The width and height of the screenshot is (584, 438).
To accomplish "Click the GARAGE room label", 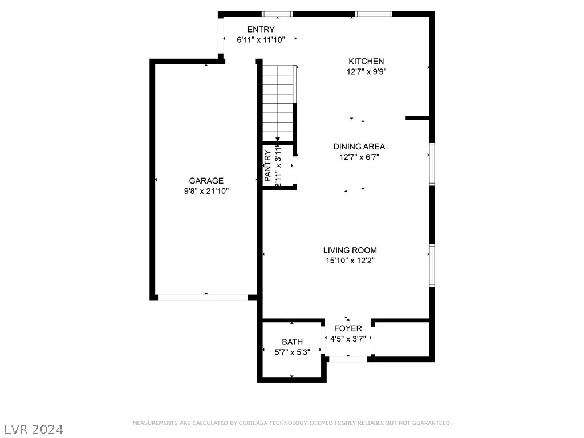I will (206, 181).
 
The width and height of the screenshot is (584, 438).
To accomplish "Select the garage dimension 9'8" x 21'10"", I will (206, 192).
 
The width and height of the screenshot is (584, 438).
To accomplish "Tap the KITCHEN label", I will (366, 61).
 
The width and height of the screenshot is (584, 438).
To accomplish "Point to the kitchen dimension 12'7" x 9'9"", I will (366, 72).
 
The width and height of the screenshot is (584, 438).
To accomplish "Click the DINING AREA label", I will (359, 147).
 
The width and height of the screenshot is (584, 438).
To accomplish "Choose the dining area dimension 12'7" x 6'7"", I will (359, 157).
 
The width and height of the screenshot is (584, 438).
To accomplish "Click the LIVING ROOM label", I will (350, 250).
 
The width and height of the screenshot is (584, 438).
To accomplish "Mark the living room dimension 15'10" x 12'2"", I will (350, 261).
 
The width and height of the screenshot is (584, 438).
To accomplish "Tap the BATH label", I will (292, 342).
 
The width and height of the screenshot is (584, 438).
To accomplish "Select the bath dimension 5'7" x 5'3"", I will (292, 352).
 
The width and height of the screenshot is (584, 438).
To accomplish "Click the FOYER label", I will (348, 328).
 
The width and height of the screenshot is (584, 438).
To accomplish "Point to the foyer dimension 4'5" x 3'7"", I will (348, 339).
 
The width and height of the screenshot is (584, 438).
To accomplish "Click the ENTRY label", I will (261, 29).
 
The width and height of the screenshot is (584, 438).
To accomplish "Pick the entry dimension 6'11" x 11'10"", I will (261, 40).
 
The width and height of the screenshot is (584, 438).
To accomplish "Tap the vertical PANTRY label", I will (267, 165).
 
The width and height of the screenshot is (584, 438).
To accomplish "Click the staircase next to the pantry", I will (278, 103).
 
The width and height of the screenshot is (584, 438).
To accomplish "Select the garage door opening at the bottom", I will (202, 297).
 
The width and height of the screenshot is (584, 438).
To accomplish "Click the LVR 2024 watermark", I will (34, 428).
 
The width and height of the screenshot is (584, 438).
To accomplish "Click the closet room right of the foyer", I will (401, 339).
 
